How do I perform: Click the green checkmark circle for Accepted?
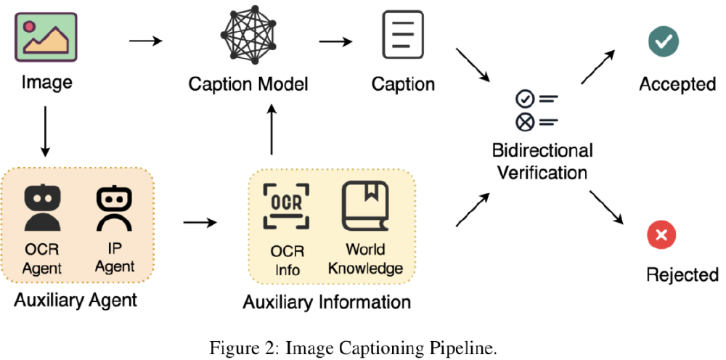click(663, 41)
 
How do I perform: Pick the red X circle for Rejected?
click(661, 234)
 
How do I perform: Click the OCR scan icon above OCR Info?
click(285, 205)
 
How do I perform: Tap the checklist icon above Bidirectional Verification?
click(535, 110)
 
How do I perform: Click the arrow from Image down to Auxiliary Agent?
click(45, 131)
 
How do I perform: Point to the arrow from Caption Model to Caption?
click(336, 41)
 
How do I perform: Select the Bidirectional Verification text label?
click(542, 162)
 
